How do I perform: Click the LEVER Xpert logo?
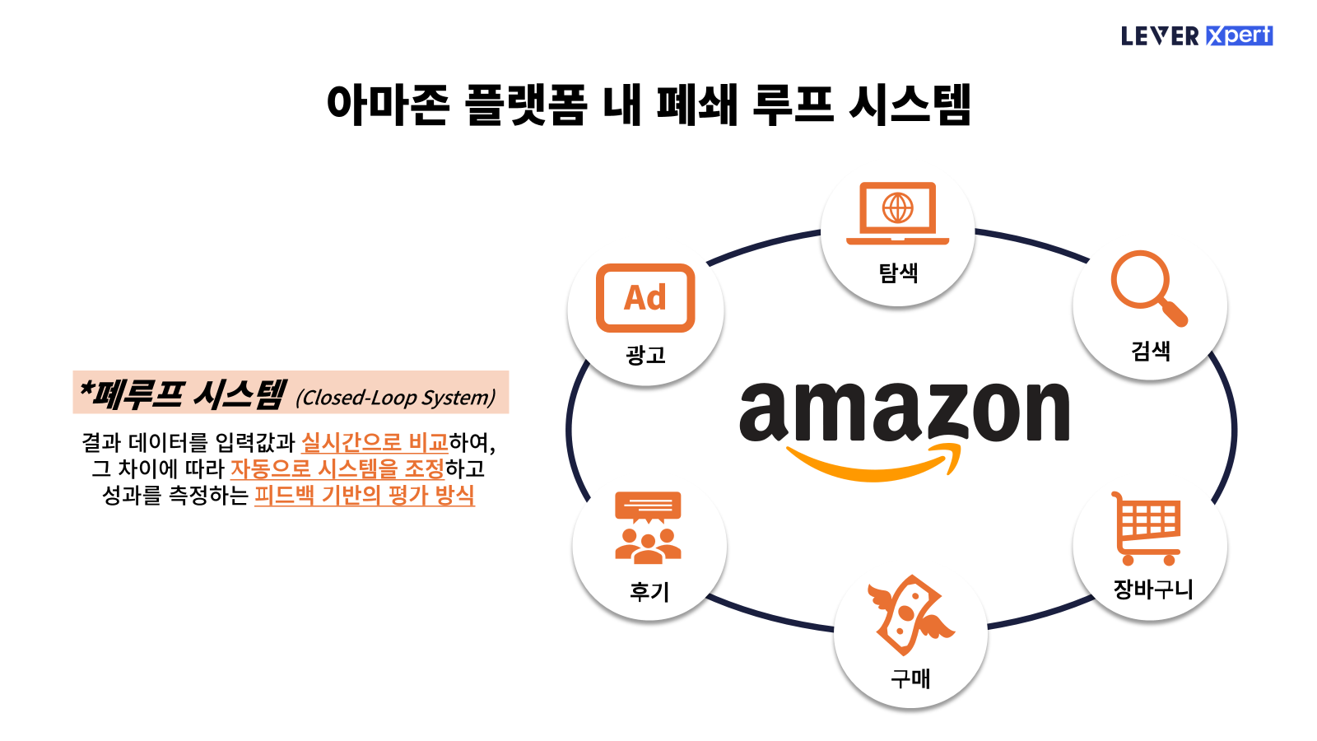tap(1196, 35)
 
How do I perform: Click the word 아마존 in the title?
tap(388, 105)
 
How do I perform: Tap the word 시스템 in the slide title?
tap(910, 105)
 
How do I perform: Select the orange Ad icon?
tap(645, 297)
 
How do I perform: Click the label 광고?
tap(645, 355)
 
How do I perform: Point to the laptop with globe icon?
tap(897, 212)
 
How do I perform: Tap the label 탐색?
tap(898, 273)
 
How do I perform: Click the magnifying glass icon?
tap(1147, 287)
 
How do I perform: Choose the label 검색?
tap(1150, 351)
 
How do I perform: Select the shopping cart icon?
tap(1147, 528)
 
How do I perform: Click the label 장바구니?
tap(1152, 589)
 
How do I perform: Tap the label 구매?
tap(910, 678)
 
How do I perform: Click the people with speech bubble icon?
tap(648, 528)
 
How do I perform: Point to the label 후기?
tap(649, 591)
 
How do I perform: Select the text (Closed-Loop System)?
tap(396, 398)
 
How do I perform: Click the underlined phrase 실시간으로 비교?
tap(375, 443)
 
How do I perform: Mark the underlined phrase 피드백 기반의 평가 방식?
tap(364, 495)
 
